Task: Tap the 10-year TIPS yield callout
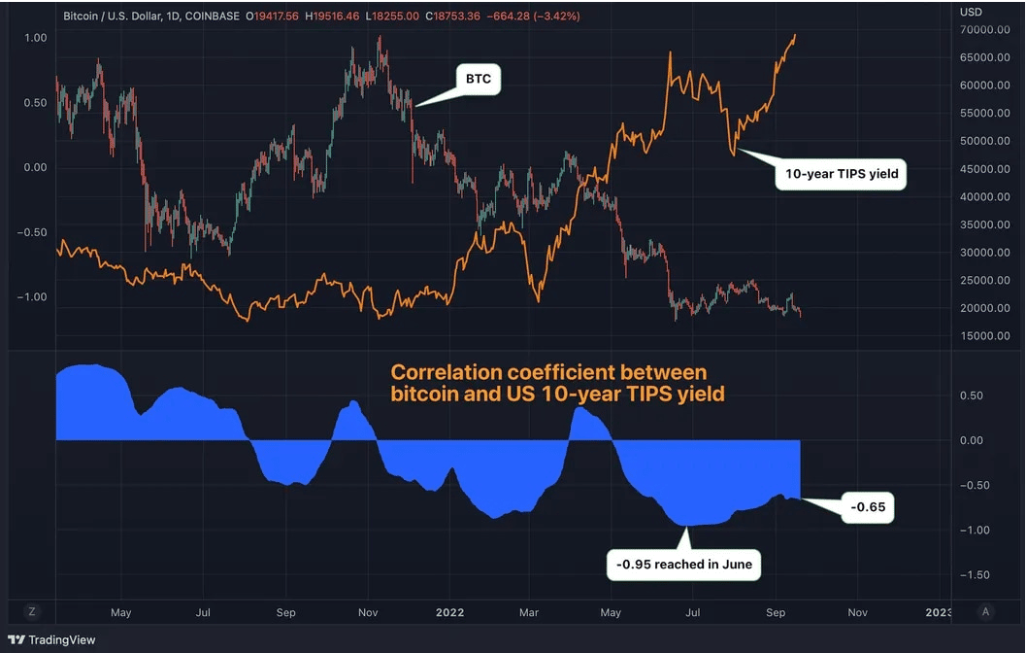point(840,175)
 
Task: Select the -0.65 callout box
point(867,507)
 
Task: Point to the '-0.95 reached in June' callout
point(684,564)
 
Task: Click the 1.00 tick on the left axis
point(35,38)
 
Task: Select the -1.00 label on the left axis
point(33,297)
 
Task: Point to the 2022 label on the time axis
point(449,613)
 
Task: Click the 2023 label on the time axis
point(939,613)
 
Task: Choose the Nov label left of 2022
point(367,613)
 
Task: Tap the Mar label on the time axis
point(530,613)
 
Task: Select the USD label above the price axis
point(970,12)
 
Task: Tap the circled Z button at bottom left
point(32,611)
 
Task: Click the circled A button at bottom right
point(986,611)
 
